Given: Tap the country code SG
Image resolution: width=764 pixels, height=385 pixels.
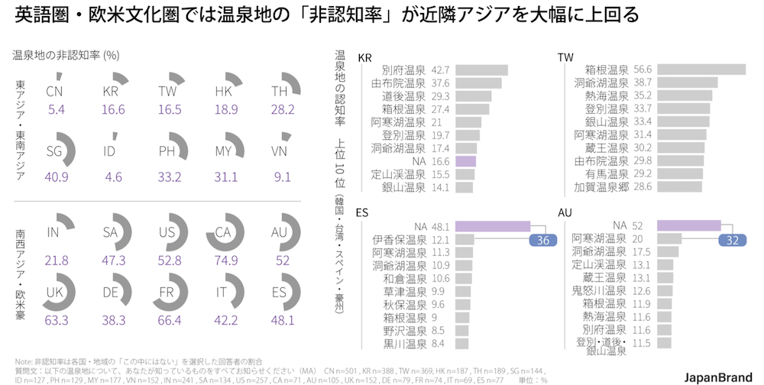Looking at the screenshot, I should coord(54,150).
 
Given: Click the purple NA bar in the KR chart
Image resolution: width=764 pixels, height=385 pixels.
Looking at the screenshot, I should coord(465,161).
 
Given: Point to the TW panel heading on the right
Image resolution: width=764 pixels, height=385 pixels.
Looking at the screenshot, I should coord(566,58).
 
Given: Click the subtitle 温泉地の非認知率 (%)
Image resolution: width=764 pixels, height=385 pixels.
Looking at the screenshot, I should coord(66,55).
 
